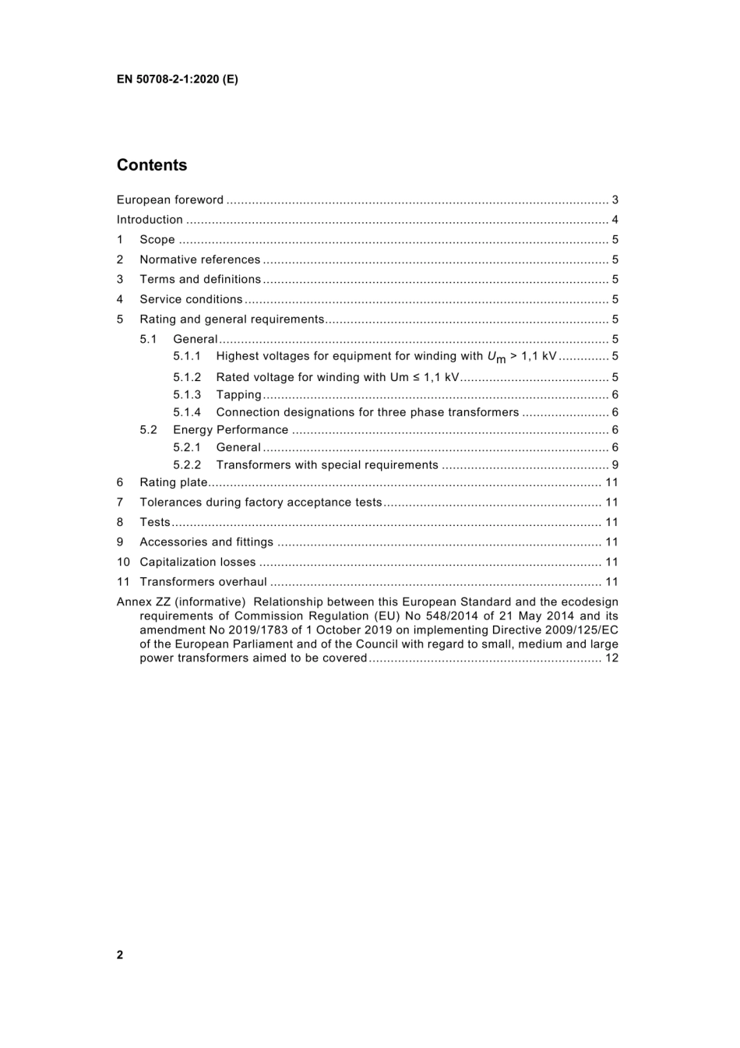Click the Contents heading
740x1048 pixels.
tap(152, 165)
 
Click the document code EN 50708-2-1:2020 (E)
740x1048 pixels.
tap(177, 79)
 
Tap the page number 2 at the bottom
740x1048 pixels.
tap(120, 955)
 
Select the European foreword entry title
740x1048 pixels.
tap(170, 200)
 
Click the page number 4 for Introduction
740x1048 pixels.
tap(615, 220)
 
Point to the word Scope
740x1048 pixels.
tap(157, 240)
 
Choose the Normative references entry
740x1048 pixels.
tap(199, 259)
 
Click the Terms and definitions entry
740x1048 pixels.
tap(200, 279)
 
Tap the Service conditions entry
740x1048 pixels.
tap(191, 299)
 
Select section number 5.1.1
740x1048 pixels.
tap(187, 356)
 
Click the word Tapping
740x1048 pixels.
tap(238, 395)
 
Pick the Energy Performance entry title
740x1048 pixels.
tap(231, 430)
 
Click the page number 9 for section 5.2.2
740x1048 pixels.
tap(615, 465)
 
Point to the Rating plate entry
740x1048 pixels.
tap(173, 482)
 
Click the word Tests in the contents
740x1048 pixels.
tap(154, 522)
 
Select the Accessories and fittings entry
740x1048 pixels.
tap(206, 542)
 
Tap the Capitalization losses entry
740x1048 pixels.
tap(197, 562)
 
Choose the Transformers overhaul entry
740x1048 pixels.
tap(203, 582)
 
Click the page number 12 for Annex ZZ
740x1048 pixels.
tap(611, 658)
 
